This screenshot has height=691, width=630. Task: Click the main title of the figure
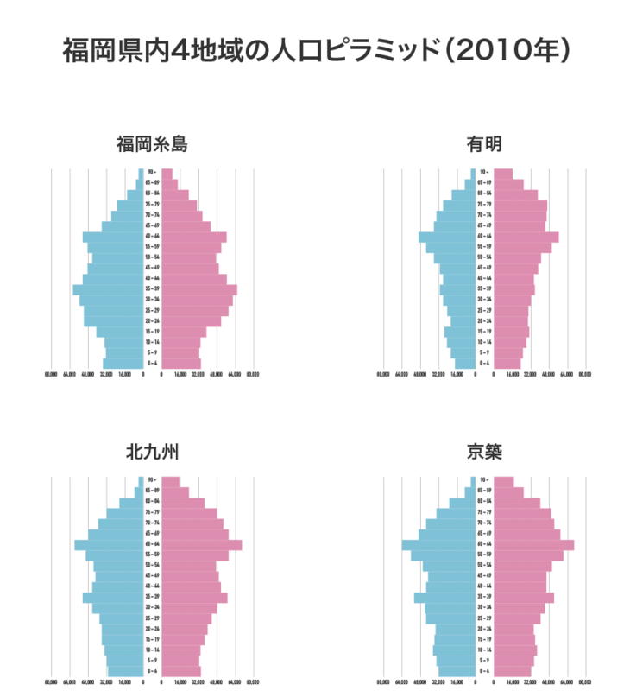[x=315, y=50]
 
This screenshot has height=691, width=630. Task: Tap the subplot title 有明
[x=484, y=143]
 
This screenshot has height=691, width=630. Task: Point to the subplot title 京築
[x=484, y=451]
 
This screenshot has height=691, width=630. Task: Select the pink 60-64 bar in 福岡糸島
[x=194, y=236]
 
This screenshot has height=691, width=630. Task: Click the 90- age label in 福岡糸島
[x=151, y=173]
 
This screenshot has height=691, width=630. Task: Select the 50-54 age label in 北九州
[x=151, y=565]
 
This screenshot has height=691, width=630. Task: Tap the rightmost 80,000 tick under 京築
[x=585, y=682]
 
